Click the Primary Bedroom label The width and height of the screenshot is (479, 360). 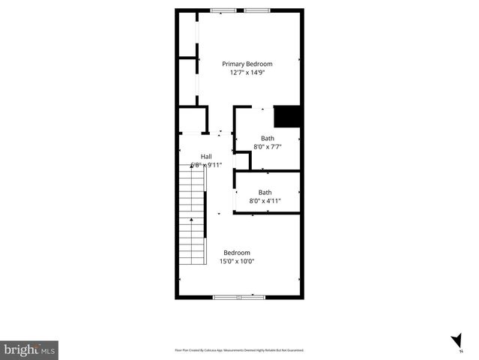247,64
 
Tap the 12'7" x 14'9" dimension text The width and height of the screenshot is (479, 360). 247,73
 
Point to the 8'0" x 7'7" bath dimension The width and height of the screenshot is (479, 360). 268,147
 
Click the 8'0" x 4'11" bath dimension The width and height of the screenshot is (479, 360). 265,201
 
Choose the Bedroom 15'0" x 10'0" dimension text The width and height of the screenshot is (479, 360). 237,262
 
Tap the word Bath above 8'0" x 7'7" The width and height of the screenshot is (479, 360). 268,138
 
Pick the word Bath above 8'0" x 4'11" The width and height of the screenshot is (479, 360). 265,192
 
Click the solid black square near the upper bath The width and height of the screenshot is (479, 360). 288,116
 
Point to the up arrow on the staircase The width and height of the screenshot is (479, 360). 192,220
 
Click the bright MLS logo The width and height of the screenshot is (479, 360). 29,350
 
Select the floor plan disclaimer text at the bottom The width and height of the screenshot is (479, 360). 239,350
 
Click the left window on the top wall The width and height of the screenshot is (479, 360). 221,10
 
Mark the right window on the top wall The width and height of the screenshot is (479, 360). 257,10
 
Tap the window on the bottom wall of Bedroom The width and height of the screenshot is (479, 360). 239,297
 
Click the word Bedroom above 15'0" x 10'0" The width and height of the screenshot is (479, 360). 237,253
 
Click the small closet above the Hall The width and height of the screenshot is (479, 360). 193,120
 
